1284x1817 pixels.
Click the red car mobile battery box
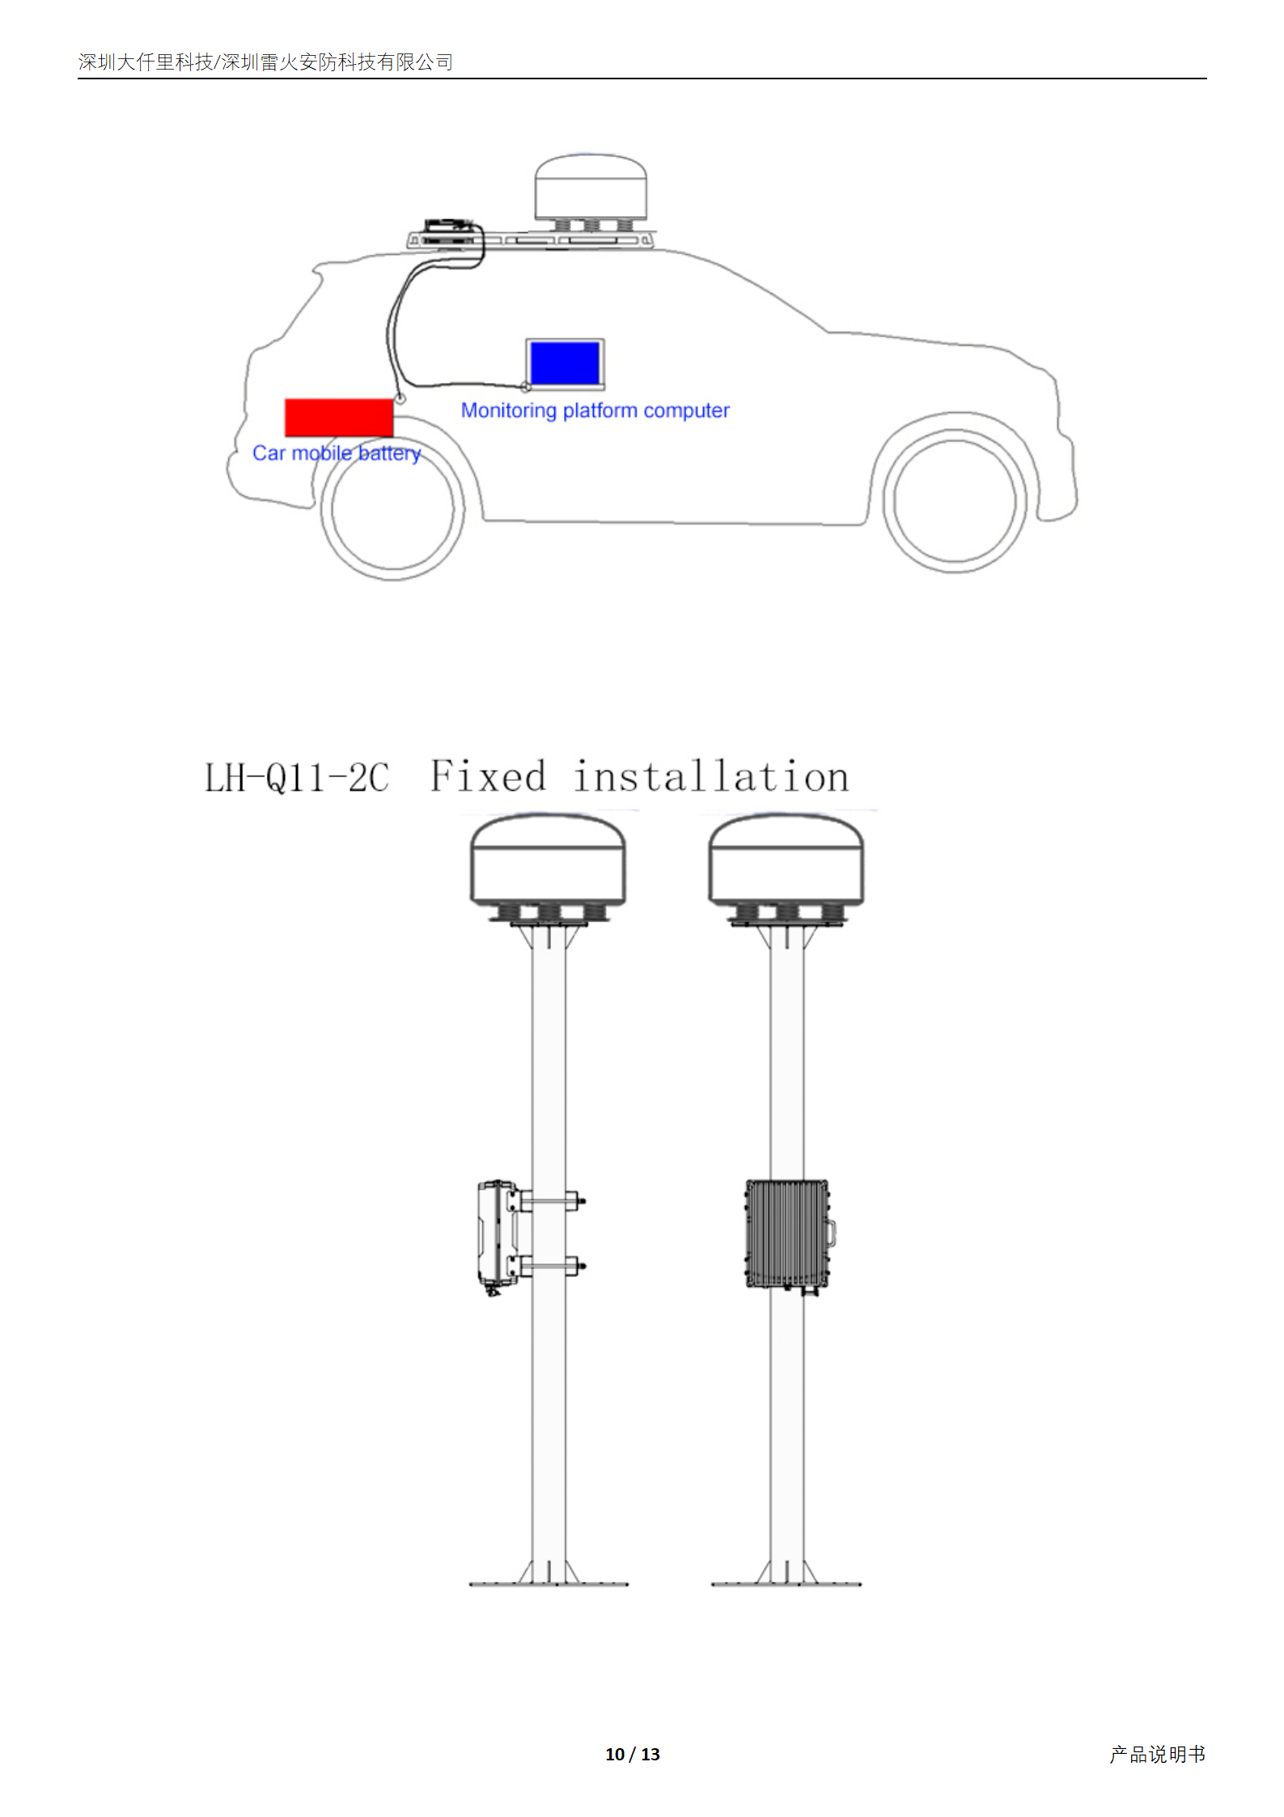(339, 418)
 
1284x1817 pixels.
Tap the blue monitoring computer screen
(565, 363)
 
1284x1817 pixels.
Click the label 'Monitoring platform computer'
(595, 410)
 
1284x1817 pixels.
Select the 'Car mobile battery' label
(337, 453)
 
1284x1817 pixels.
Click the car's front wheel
(955, 502)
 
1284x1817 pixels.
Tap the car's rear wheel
(393, 509)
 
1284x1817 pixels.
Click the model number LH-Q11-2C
(297, 778)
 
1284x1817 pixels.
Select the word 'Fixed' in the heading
(488, 776)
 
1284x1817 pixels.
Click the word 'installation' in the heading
(711, 777)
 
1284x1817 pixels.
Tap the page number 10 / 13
(633, 1754)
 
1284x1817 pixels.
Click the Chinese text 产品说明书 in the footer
(1158, 1754)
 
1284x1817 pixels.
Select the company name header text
(265, 62)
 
